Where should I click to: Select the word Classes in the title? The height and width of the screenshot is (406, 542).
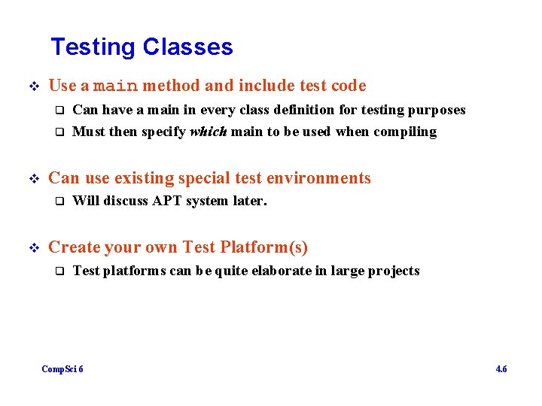187,47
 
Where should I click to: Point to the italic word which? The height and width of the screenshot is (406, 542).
208,132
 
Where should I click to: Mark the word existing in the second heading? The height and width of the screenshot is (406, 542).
147,178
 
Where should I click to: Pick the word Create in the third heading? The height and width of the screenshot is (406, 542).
72,247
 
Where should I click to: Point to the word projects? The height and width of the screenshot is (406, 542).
394,271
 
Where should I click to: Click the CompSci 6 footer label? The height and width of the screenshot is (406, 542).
62,369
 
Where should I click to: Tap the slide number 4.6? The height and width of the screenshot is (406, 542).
501,369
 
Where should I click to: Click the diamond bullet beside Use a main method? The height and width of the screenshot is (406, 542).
32,86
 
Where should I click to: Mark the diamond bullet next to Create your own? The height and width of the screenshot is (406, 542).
32,247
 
